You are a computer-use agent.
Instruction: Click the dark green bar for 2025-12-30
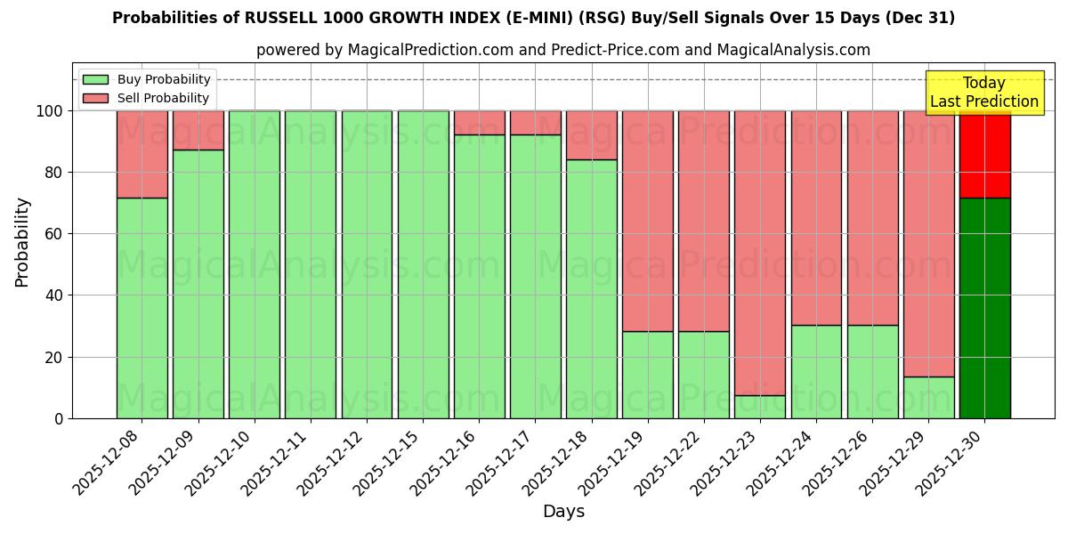click(x=984, y=308)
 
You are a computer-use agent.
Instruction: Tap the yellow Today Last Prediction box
click(x=984, y=93)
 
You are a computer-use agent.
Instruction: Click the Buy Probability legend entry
click(x=147, y=79)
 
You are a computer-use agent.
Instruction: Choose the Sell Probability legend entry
click(x=147, y=98)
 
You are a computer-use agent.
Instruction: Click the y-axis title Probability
click(x=22, y=242)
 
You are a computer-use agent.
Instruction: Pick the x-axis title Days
click(x=563, y=512)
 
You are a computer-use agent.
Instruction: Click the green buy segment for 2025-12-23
click(x=760, y=407)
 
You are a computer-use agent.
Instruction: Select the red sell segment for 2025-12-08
click(x=142, y=154)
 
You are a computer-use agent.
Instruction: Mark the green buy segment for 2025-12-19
click(x=648, y=375)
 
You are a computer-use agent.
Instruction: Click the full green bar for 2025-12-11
click(x=311, y=264)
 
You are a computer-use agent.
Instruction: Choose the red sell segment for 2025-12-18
click(x=592, y=135)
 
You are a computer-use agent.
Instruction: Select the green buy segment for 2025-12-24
click(x=816, y=371)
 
